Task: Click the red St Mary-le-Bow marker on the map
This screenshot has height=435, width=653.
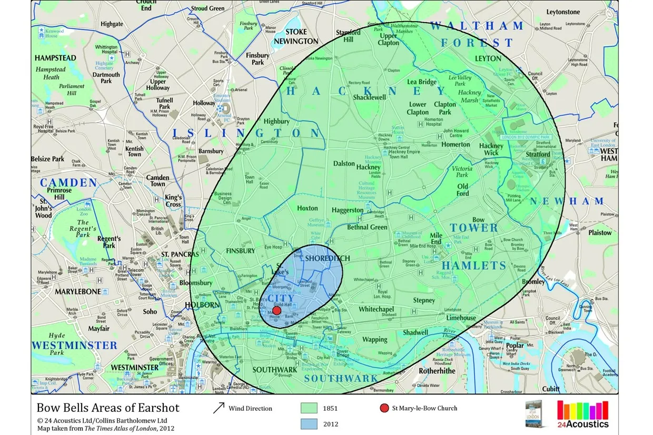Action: [x=276, y=310]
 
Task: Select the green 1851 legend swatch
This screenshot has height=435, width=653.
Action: [x=309, y=408]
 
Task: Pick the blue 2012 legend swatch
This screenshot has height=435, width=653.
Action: [x=309, y=424]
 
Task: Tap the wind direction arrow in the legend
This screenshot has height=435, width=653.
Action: [x=219, y=408]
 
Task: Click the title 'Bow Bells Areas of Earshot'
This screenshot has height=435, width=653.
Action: [x=108, y=408]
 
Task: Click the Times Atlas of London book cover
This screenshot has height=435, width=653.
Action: [x=536, y=414]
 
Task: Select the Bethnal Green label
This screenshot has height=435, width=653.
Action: [x=367, y=227]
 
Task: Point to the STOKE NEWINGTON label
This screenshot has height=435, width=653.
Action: [x=303, y=36]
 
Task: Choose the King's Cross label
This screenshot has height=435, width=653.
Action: [x=173, y=201]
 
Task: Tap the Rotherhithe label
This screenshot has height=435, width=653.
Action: [x=437, y=371]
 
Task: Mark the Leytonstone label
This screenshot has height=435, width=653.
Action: [x=563, y=12]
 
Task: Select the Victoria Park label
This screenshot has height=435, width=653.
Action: [x=462, y=172]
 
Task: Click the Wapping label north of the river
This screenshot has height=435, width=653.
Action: [x=374, y=340]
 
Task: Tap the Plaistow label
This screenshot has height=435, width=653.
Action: [x=600, y=232]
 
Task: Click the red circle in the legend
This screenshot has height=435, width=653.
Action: [x=384, y=408]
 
